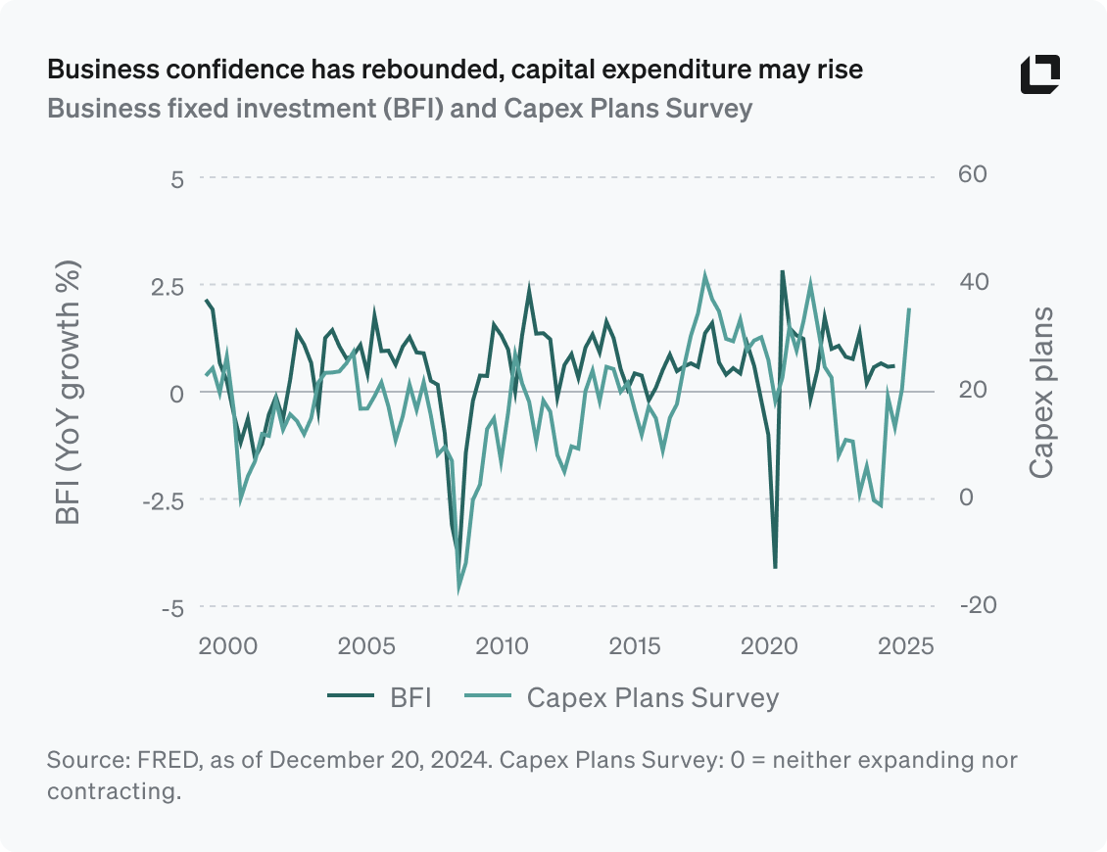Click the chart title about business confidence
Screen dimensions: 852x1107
[x=455, y=71]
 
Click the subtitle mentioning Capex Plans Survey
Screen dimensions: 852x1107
[x=400, y=107]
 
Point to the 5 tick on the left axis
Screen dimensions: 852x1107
[x=178, y=179]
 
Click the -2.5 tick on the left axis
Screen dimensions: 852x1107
[x=162, y=500]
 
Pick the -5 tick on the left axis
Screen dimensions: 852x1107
[x=173, y=608]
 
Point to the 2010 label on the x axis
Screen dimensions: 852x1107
[x=504, y=646]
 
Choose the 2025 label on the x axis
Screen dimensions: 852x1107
[x=905, y=646]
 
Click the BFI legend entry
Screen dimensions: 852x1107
[x=380, y=697]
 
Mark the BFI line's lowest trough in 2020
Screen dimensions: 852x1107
[x=775, y=567]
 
